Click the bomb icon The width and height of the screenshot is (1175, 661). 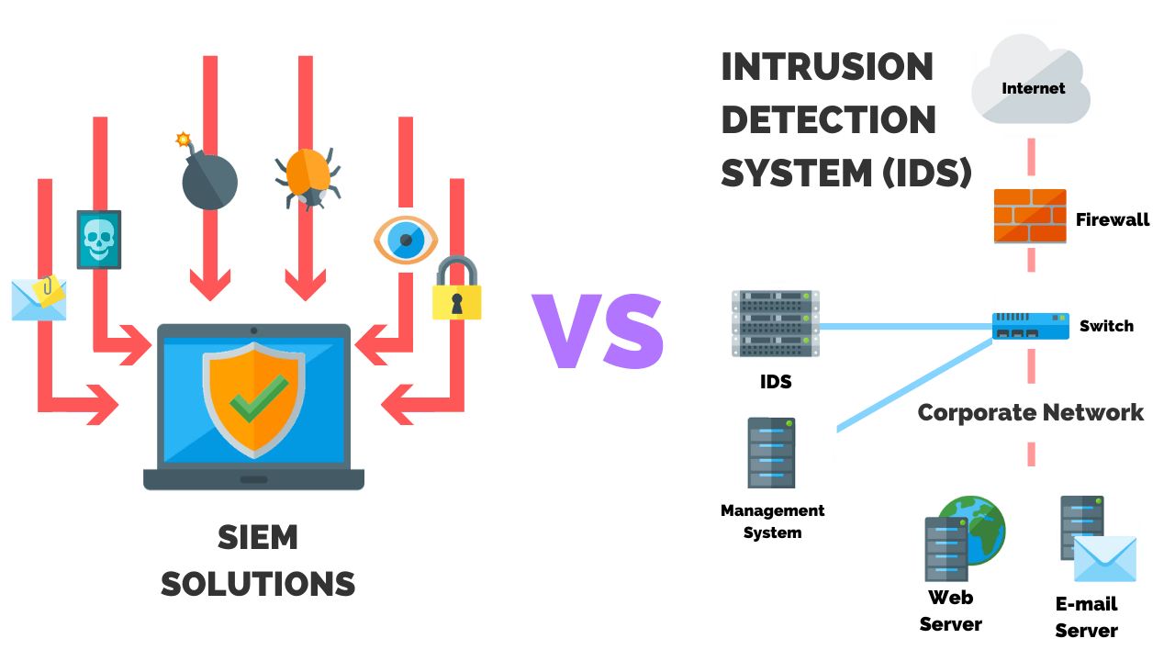point(209,181)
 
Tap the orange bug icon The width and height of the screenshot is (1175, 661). point(308,175)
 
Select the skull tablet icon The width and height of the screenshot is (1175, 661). point(98,240)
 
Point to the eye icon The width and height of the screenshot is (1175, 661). point(406,240)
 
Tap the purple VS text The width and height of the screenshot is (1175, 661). point(598,331)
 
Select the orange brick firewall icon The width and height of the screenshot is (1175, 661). point(1030,216)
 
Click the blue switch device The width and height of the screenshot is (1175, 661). point(1030,326)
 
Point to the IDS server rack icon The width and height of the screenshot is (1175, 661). point(776,323)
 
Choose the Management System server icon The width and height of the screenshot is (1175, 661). point(771,453)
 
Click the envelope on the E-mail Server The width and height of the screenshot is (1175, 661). point(1104,558)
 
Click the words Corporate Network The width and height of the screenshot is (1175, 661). point(1030,412)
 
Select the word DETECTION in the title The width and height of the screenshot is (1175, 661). point(828,120)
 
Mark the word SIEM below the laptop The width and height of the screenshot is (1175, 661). point(258,538)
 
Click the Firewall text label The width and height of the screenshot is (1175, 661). point(1113,220)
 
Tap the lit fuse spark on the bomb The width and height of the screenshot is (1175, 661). point(183,140)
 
